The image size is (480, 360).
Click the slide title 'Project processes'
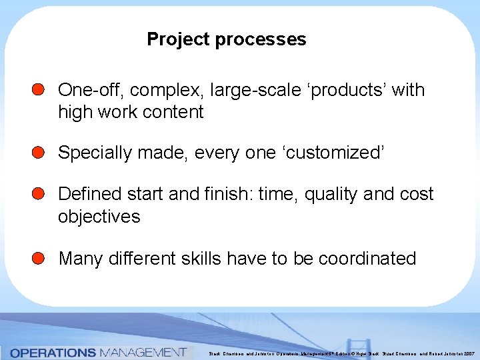point(226,39)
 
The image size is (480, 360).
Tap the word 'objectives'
point(99,217)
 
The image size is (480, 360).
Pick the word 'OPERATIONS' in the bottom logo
point(53,352)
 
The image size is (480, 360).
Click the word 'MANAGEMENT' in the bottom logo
point(141,352)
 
